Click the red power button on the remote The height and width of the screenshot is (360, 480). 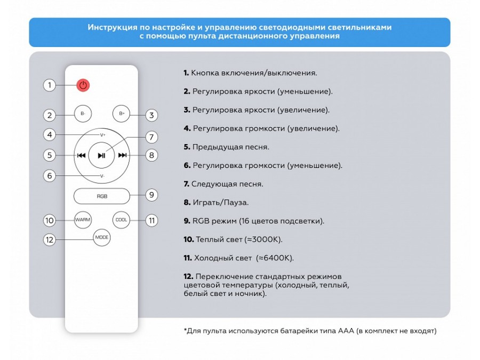[x=82, y=85]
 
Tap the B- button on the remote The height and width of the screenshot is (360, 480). [x=82, y=114]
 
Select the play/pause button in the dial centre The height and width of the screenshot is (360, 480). [x=101, y=155]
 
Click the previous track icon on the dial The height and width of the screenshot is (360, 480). [x=81, y=155]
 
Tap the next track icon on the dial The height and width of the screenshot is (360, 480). [x=122, y=155]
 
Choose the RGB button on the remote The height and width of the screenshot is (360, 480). [x=101, y=196]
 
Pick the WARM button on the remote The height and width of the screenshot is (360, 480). [x=83, y=220]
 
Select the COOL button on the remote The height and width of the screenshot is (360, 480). [x=121, y=220]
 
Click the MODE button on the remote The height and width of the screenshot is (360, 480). [x=101, y=237]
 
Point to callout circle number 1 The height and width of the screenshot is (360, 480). [x=50, y=85]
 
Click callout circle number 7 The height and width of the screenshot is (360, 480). [x=151, y=137]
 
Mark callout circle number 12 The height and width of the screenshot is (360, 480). [x=50, y=239]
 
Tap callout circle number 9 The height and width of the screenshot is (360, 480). [x=151, y=195]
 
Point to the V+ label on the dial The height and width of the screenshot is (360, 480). [x=102, y=135]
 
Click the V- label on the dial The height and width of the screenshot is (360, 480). [x=102, y=176]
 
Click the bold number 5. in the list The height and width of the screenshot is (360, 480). [x=187, y=147]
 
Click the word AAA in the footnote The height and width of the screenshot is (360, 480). [x=346, y=331]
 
